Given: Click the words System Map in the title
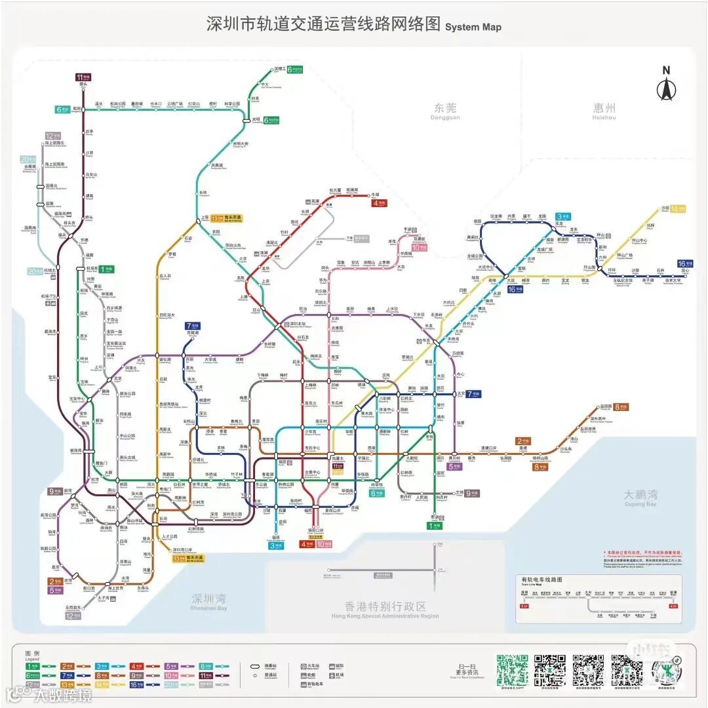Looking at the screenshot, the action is click(x=473, y=27).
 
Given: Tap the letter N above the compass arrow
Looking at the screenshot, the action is click(x=666, y=71).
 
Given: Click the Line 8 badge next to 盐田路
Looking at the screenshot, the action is click(x=621, y=407).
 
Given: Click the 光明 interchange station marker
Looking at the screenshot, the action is click(x=247, y=120).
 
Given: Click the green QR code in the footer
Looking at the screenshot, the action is click(x=511, y=669).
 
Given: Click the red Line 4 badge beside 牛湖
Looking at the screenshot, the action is click(x=379, y=203).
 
